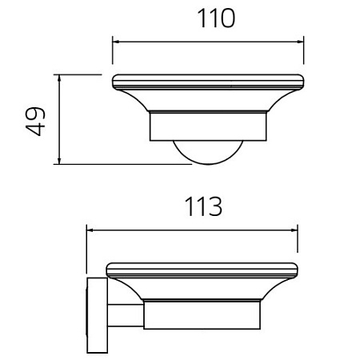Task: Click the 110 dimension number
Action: (x=216, y=18)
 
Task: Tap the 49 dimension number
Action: (x=35, y=122)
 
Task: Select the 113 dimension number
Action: (x=203, y=206)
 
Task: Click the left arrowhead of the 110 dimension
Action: (x=116, y=42)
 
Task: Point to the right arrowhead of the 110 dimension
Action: (x=300, y=42)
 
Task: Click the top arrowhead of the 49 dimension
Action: (x=59, y=78)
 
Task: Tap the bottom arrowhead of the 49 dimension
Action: (x=59, y=161)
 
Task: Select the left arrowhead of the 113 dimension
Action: (x=90, y=230)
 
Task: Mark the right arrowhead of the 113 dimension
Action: (x=294, y=230)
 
